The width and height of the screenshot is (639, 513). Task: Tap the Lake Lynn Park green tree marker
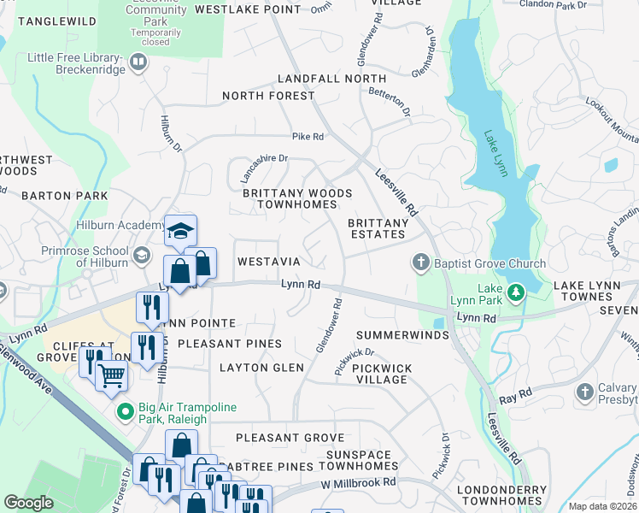tap(515, 294)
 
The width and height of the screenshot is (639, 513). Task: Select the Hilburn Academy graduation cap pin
tap(180, 231)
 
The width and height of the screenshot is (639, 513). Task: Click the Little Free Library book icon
tap(138, 62)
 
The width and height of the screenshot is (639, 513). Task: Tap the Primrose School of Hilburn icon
tap(141, 255)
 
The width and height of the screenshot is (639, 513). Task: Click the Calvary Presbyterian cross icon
tap(585, 392)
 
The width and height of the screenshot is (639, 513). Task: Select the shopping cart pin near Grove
tap(111, 374)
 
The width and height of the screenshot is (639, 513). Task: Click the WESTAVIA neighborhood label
tap(268, 261)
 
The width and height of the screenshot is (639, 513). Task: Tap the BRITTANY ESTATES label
tap(377, 228)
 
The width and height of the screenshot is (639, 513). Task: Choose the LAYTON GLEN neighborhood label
tap(261, 368)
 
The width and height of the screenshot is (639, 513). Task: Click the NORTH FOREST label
tap(268, 96)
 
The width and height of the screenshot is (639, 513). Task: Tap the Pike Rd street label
tap(308, 136)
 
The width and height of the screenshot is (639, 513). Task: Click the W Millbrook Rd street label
tap(360, 483)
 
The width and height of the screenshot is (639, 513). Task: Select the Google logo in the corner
tap(28, 502)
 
